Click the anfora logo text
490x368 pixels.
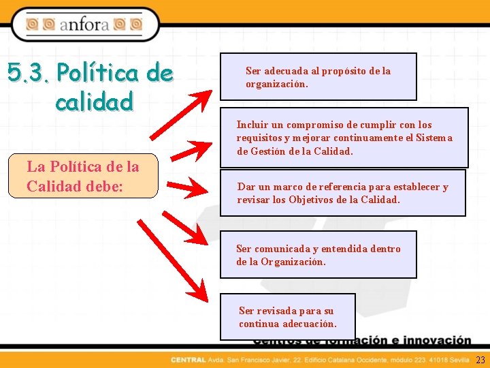[85, 25]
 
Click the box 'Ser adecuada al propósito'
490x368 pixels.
[318, 77]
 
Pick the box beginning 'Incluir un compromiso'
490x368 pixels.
[344, 138]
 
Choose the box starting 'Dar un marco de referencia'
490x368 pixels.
[342, 193]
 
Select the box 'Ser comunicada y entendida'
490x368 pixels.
[318, 254]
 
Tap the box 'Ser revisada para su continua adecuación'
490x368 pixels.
[287, 316]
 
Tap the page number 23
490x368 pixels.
[480, 360]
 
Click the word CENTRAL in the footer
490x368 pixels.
[186, 360]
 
